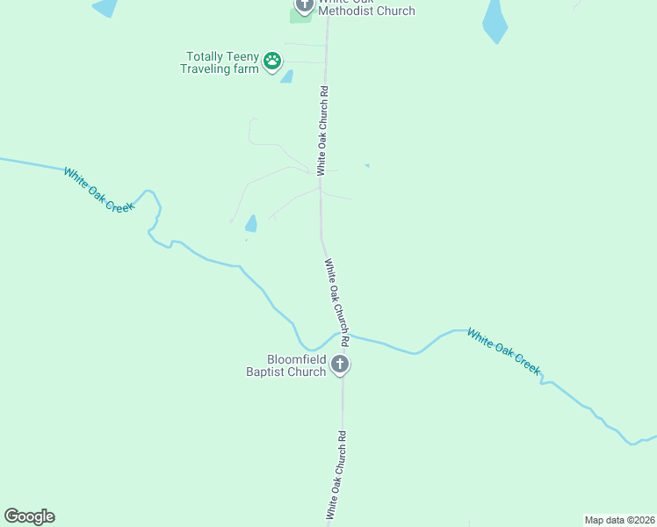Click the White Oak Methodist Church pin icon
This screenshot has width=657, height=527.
coord(304,5)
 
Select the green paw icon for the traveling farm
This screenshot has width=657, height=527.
coord(272,61)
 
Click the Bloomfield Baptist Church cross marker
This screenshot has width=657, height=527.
coord(341,365)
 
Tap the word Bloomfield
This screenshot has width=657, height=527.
coord(297,359)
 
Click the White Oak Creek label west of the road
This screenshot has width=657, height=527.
coord(98,189)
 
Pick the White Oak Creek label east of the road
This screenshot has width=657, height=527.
coord(503,351)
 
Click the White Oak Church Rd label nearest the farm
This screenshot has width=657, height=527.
coord(323,126)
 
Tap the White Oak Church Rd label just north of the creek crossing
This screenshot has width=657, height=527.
coord(337,300)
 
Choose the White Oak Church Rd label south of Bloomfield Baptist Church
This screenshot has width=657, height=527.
coord(336,474)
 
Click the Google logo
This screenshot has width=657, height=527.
coord(29,516)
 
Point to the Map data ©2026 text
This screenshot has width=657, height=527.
coord(619,520)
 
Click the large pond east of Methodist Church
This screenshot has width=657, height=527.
coord(495,22)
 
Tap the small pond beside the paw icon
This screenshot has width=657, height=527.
coord(286,76)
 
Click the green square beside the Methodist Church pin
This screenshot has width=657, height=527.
coord(299,17)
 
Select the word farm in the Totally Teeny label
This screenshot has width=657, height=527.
coord(247,69)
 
